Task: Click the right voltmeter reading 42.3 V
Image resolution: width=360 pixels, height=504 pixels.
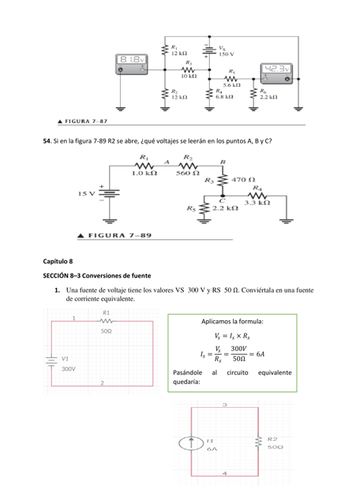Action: pyautogui.click(x=277, y=73)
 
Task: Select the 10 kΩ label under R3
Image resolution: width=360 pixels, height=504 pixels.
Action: pyautogui.click(x=189, y=76)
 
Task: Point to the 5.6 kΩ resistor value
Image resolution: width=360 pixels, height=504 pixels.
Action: pyautogui.click(x=232, y=84)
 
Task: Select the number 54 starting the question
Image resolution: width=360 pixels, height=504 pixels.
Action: pyautogui.click(x=46, y=140)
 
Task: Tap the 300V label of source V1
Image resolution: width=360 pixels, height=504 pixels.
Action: pyautogui.click(x=69, y=368)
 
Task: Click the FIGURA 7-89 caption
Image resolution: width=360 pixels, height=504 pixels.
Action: pyautogui.click(x=109, y=235)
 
